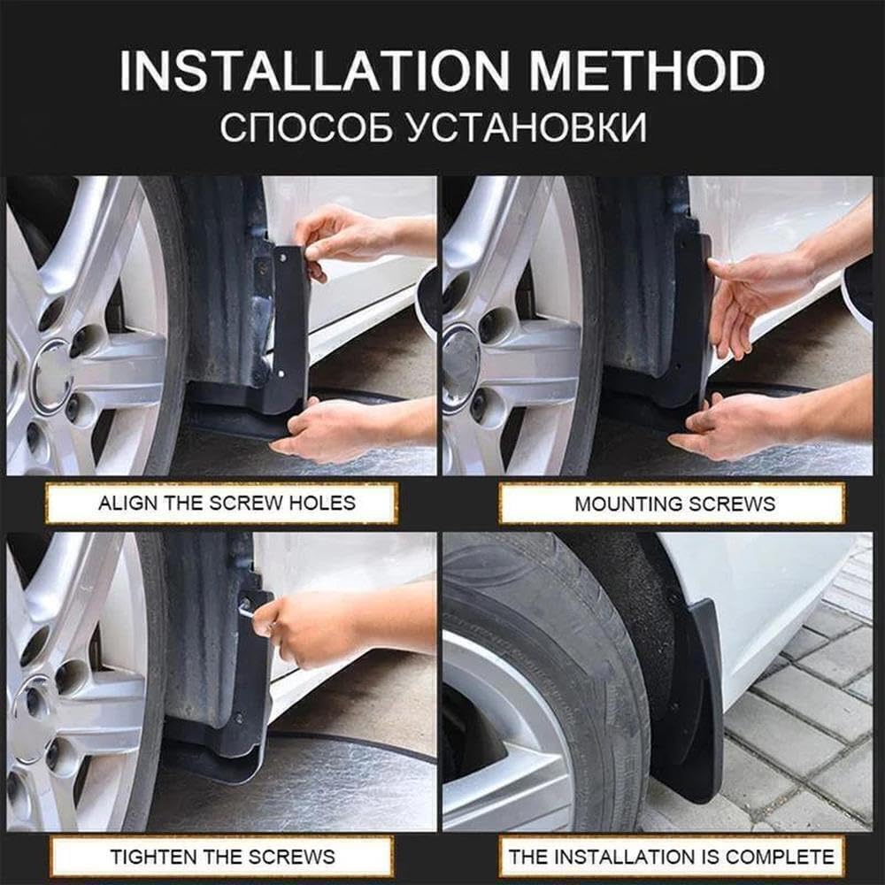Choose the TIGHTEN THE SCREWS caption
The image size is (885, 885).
point(222,856)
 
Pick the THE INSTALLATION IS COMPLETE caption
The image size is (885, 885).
point(672,856)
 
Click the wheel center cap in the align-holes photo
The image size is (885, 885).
point(51,376)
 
